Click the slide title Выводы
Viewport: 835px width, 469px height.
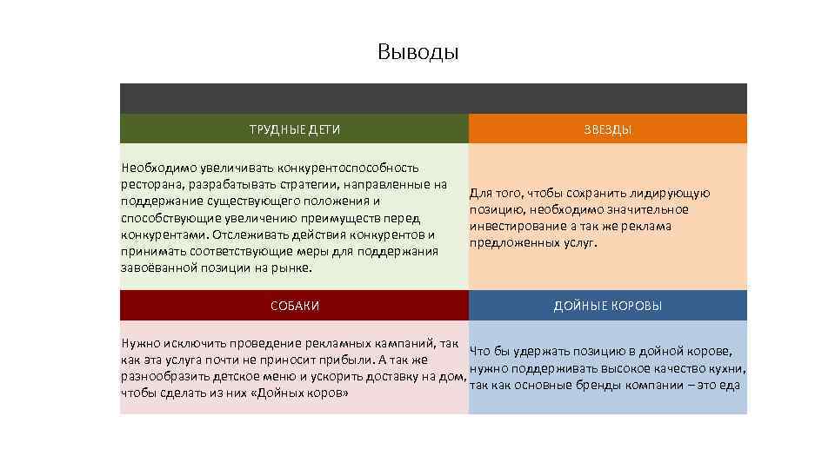point(417,52)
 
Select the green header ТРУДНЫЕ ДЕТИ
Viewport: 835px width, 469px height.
point(294,129)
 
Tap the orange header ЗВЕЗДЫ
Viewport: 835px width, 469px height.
point(607,129)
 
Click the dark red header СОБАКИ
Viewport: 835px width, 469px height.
point(294,306)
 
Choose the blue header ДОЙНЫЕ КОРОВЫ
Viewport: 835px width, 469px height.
point(607,306)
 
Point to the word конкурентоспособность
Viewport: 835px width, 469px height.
point(348,167)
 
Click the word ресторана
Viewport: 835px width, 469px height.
point(150,184)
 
